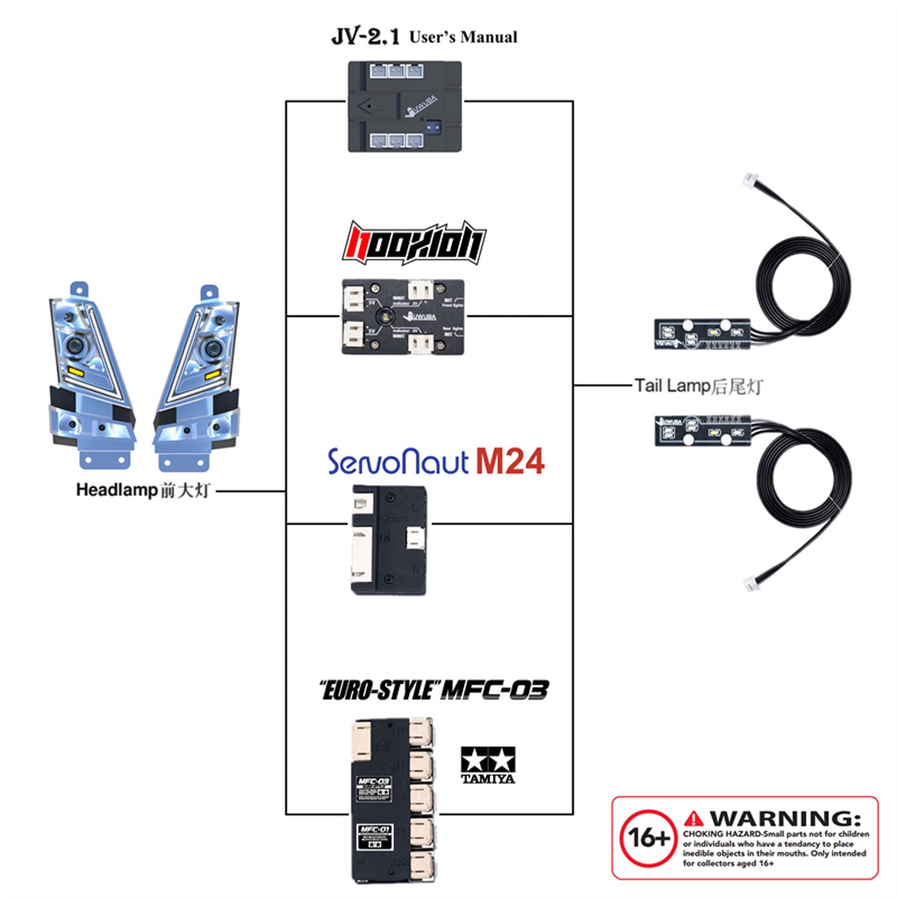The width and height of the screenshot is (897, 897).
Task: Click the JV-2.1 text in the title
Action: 365,36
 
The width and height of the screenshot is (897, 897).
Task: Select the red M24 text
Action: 510,461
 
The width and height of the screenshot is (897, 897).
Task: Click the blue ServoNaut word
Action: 398,462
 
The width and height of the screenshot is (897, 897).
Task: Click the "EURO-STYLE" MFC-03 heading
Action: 434,690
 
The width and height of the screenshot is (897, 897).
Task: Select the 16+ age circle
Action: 648,838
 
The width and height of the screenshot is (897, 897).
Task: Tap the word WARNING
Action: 785,818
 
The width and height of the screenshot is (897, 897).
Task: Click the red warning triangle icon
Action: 694,818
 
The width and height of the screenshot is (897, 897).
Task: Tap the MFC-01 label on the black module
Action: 374,830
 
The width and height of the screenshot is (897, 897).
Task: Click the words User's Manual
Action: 463,37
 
